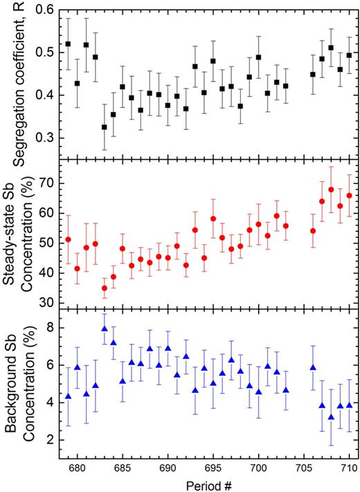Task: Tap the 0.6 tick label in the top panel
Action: (42, 11)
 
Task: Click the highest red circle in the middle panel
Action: (331, 190)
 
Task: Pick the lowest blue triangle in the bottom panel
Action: (331, 417)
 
